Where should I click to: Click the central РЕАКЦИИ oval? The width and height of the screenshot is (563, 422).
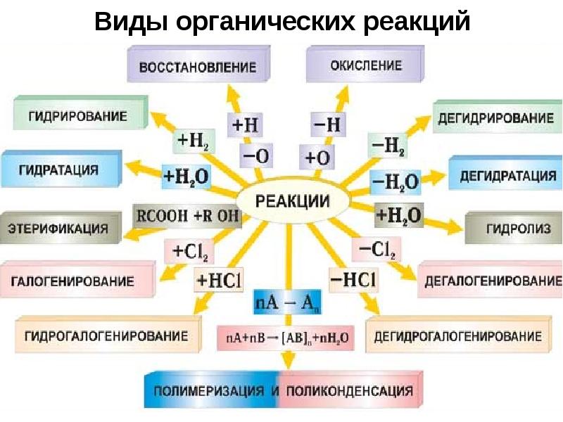point(293,200)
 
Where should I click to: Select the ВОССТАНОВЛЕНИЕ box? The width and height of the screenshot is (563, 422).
point(198,65)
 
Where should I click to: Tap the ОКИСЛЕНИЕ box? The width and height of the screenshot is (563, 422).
point(365,65)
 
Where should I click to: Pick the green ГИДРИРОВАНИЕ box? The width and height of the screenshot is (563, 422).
point(80,113)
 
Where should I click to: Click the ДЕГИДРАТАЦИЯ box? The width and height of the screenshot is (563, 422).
point(505,173)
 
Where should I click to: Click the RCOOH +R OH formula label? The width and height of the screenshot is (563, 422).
point(186,216)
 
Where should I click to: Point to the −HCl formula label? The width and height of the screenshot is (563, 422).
point(353,279)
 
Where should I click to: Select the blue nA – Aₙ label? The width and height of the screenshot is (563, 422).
point(287,302)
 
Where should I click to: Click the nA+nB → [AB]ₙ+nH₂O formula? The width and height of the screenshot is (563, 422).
point(286,338)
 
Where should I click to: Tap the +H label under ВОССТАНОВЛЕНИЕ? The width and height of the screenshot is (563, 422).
point(245,125)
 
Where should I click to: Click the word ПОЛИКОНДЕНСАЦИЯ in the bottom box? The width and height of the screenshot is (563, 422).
point(350,391)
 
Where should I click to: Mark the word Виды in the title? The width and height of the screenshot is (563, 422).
point(131,22)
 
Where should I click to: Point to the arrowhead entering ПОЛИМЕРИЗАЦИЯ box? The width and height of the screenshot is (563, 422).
point(288,361)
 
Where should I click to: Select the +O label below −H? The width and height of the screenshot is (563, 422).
point(317,157)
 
